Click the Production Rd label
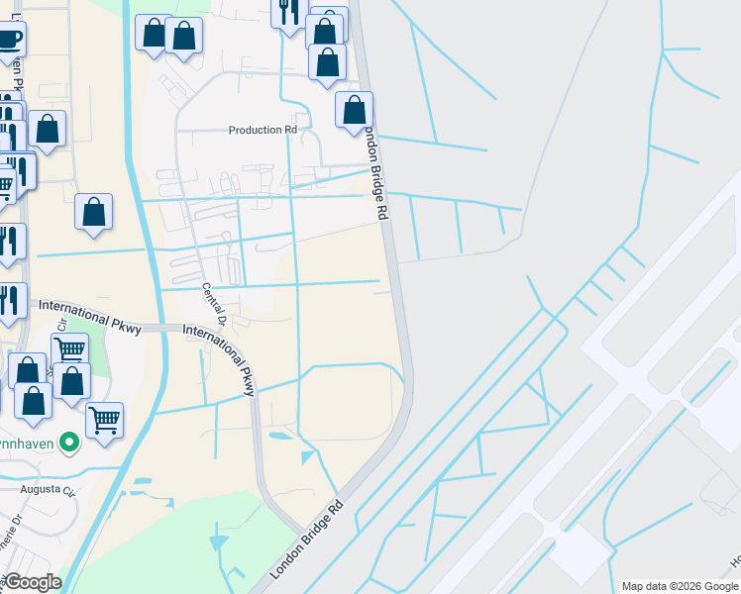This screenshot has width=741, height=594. (x=263, y=130)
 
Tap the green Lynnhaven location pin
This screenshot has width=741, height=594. (x=69, y=443)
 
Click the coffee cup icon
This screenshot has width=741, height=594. (x=8, y=40)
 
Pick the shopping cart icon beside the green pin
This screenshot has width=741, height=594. (x=104, y=420)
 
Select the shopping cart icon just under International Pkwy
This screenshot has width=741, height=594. (x=69, y=349)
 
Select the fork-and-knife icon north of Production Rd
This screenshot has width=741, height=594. (x=288, y=13)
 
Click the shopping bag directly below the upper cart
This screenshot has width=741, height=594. (x=72, y=379)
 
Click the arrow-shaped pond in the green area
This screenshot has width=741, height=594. (x=218, y=542)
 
